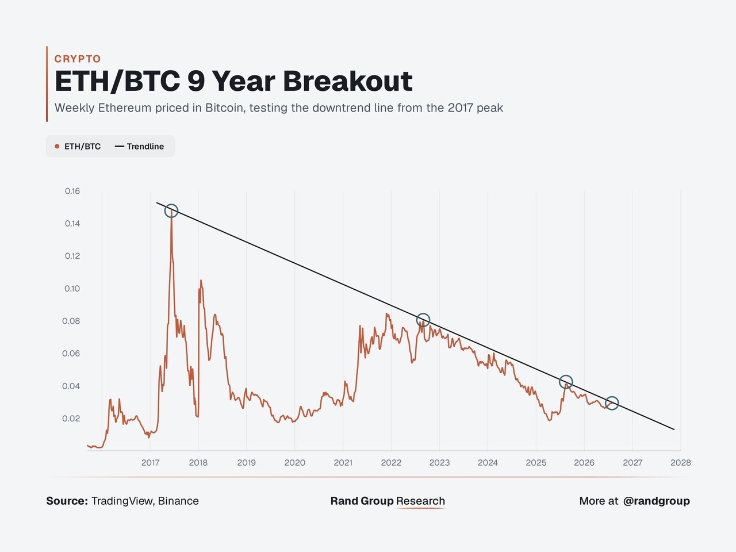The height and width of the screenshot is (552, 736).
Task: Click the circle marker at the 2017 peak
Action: tap(171, 205)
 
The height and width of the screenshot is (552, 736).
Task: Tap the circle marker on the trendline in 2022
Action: tap(423, 314)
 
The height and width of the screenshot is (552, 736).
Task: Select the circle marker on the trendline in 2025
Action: tap(566, 375)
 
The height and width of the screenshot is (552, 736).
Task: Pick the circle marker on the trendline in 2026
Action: tap(612, 397)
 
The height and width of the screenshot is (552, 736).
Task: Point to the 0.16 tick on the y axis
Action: tap(72, 191)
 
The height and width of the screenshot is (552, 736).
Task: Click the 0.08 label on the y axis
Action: tap(71, 321)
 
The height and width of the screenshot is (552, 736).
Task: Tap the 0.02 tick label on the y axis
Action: tap(71, 419)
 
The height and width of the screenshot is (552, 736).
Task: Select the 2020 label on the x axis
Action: tap(295, 463)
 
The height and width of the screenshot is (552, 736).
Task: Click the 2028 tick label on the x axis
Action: tap(681, 463)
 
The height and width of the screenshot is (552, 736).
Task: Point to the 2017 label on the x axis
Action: tap(150, 463)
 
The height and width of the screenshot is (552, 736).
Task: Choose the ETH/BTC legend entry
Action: tap(78, 147)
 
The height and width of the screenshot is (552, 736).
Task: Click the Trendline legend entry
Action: tap(139, 147)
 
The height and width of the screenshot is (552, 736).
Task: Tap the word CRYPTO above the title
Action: tap(78, 59)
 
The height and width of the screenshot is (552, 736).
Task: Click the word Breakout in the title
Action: tap(348, 81)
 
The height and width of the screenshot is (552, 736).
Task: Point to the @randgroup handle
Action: tap(657, 501)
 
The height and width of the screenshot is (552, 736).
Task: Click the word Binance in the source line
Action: tap(178, 501)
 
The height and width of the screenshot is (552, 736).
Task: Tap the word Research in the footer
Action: tap(420, 501)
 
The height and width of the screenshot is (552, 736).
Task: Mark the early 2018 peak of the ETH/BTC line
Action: tap(201, 280)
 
